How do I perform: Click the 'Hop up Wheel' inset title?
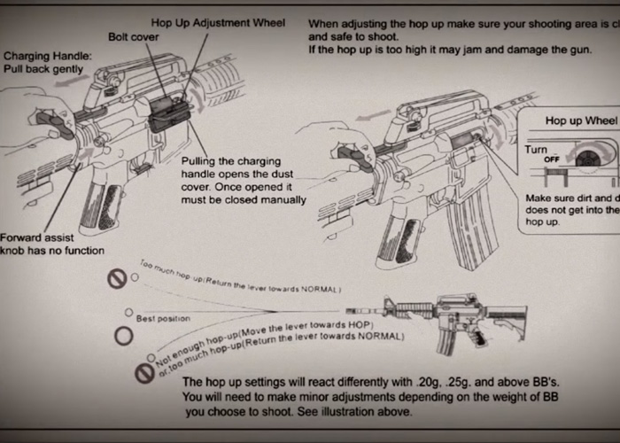tap(581, 120)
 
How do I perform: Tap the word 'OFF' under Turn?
tap(551, 159)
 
